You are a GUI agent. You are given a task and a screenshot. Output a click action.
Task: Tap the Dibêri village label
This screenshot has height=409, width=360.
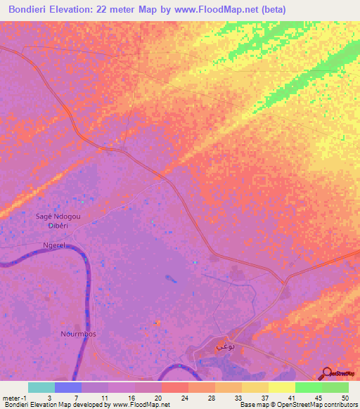[58, 226]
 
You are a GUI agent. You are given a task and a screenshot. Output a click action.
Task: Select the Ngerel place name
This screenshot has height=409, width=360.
[54, 245]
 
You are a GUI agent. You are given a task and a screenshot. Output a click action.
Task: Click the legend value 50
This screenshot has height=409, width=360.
[345, 398]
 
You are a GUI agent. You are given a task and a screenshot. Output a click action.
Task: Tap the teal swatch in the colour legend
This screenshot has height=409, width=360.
[41, 387]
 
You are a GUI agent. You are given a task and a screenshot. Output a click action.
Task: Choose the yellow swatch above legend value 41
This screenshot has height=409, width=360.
[281, 387]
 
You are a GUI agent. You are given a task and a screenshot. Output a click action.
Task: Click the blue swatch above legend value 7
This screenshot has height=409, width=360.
[68, 387]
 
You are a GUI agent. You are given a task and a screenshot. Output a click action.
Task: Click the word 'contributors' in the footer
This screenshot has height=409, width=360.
[341, 405]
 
